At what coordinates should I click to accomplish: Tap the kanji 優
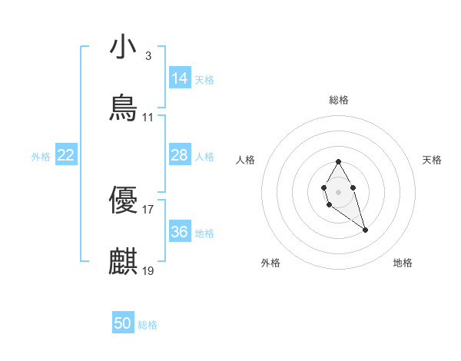[123, 200]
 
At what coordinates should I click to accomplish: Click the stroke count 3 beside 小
[148, 55]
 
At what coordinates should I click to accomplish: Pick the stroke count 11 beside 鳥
[148, 118]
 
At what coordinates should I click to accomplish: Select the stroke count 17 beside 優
[148, 209]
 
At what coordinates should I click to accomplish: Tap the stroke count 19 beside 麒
[148, 271]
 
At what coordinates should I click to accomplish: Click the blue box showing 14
[179, 78]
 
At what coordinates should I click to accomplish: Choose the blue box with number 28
[179, 155]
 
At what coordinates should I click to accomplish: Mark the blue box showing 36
[179, 231]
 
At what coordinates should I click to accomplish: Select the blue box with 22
[66, 155]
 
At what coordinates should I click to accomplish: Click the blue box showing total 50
[123, 323]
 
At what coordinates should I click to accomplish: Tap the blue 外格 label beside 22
[41, 157]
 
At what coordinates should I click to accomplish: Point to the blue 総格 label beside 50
[148, 325]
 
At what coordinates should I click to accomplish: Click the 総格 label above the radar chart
[339, 100]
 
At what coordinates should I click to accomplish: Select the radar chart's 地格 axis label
[403, 263]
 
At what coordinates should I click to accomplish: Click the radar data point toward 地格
[365, 230]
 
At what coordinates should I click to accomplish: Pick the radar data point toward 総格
[338, 161]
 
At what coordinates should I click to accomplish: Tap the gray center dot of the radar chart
[338, 190]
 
